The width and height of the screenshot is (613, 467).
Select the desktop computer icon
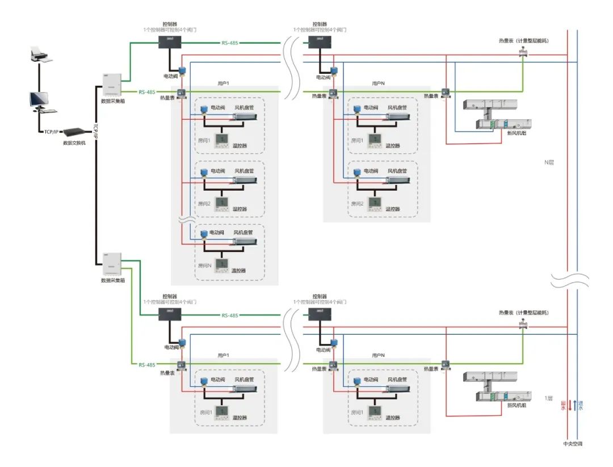tap(40, 101)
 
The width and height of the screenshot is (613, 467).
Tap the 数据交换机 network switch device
tap(74, 132)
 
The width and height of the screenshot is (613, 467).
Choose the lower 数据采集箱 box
tap(111, 264)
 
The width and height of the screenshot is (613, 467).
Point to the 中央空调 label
tap(572, 443)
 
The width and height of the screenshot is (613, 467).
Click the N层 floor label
tap(548, 162)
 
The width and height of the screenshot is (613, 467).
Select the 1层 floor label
tap(548, 398)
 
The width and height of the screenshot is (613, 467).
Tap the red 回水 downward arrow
tap(570, 405)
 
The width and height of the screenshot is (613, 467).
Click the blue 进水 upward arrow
tap(575, 405)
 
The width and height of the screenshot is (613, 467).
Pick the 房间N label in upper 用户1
tap(204, 265)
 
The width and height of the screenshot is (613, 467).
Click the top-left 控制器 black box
tap(169, 41)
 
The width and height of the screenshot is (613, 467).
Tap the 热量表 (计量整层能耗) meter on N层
tap(522, 53)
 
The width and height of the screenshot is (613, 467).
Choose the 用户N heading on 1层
tap(378, 355)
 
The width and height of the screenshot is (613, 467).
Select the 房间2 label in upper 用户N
tap(356, 203)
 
